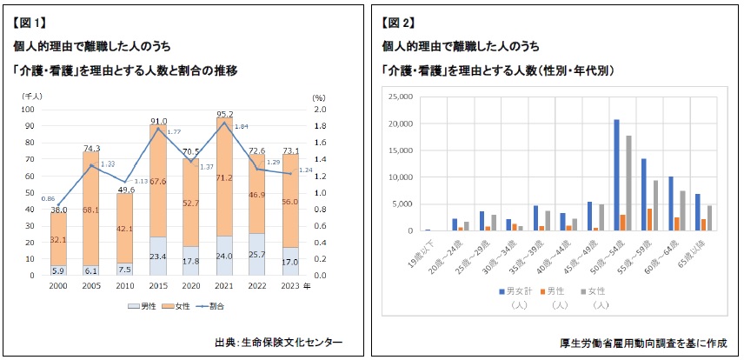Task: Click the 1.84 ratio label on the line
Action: tap(242, 126)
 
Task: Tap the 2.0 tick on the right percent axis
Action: tap(319, 110)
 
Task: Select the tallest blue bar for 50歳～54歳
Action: tap(616, 175)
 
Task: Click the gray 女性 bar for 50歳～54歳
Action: tap(628, 183)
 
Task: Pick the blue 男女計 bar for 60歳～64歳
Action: tap(671, 203)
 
